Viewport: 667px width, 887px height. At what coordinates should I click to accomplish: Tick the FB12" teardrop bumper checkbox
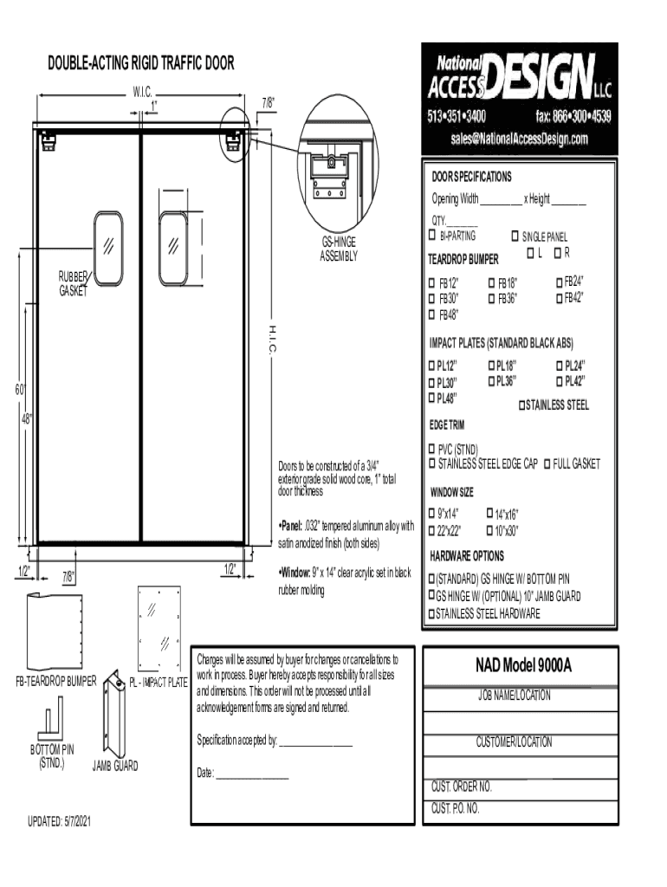point(431,283)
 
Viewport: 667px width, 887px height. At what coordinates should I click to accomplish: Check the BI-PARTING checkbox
point(432,235)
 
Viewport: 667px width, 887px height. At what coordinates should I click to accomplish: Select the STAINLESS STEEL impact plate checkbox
point(522,405)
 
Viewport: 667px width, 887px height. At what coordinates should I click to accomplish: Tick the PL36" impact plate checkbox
point(492,381)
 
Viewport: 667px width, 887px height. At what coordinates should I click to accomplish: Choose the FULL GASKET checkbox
point(547,464)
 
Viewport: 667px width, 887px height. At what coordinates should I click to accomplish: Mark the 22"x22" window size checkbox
point(431,531)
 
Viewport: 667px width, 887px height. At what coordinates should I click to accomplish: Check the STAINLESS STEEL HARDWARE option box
point(431,613)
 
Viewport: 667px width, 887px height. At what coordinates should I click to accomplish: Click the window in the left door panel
point(108,248)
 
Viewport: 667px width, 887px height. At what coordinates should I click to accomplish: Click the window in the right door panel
point(173,248)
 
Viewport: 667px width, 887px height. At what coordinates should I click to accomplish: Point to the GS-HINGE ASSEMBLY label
point(339,249)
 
